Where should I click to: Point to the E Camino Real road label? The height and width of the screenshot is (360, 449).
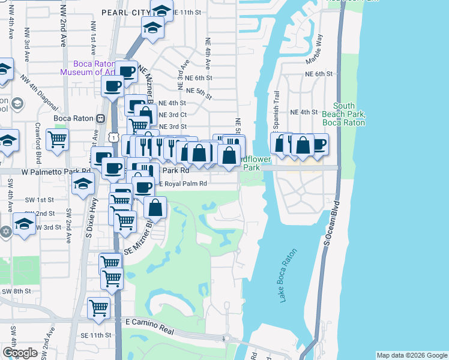(149, 322)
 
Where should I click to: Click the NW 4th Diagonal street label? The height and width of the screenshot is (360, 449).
(40, 93)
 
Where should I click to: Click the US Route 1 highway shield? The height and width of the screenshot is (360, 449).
(112, 137)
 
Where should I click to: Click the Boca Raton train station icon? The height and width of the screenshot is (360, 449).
(101, 118)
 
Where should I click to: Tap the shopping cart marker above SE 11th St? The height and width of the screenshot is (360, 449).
(98, 308)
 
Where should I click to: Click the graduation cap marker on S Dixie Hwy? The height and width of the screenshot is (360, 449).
(83, 184)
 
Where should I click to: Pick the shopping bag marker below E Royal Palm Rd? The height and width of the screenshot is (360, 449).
(155, 208)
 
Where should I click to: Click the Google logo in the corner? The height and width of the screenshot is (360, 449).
(20, 353)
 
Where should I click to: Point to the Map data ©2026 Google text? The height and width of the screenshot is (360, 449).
(411, 355)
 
